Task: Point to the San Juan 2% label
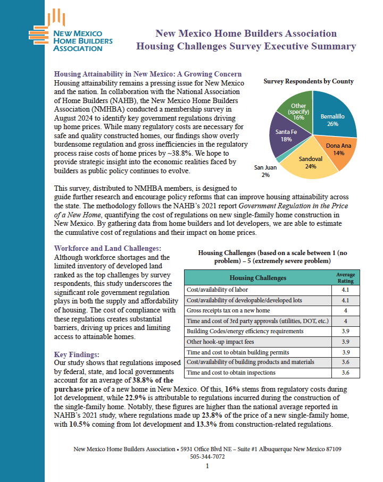click(265, 171)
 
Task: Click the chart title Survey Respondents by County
click(309, 82)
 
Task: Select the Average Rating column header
click(345, 277)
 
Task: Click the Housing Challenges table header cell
click(257, 278)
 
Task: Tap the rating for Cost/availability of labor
click(345, 290)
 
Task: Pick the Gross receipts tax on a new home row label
click(228, 310)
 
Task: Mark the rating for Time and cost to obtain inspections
click(345, 373)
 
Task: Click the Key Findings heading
click(77, 354)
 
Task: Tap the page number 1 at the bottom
click(207, 466)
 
